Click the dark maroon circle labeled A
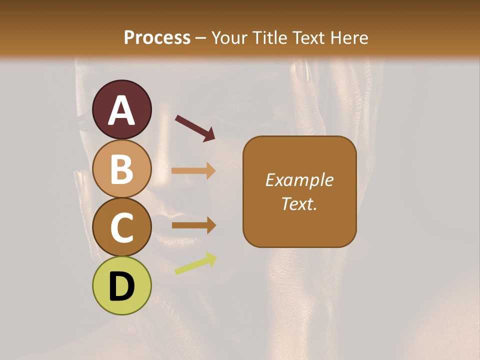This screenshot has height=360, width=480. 122,109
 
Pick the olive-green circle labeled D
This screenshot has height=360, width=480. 122,285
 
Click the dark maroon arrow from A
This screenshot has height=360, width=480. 195,127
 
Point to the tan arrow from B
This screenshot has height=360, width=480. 193,171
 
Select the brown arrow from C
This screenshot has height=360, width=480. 193,225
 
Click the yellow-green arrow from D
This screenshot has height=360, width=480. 195,263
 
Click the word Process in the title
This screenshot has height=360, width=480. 157,37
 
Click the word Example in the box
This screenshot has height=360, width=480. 299,180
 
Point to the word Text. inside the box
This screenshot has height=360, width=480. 299,203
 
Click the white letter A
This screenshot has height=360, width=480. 122,110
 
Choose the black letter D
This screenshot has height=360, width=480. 122,286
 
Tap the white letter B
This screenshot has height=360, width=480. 122,169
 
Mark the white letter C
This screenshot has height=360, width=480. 122,227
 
